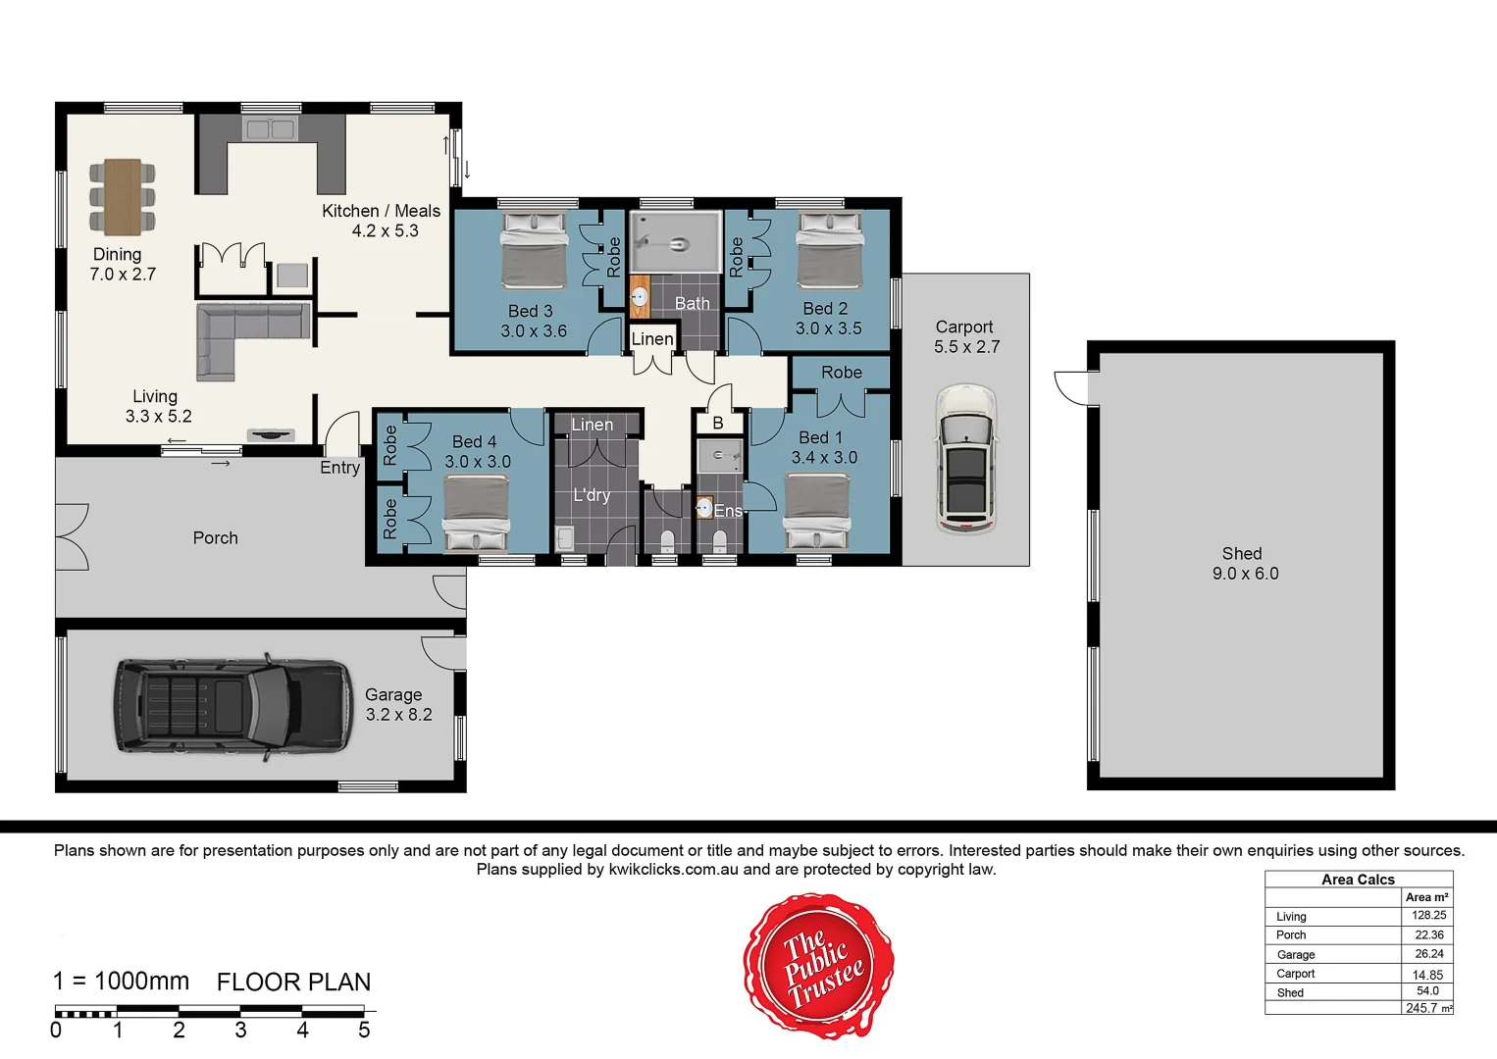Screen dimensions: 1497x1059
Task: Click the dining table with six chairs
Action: [123, 196]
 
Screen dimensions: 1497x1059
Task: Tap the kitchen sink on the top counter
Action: [270, 129]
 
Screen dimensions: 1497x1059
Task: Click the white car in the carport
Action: [966, 459]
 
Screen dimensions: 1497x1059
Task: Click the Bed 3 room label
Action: [532, 321]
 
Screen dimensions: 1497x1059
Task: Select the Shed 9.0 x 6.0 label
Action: [1244, 564]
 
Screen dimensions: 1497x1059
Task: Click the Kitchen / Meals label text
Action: [381, 211]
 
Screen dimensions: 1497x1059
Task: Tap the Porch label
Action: [215, 538]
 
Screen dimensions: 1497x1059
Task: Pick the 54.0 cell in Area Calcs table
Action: [1427, 991]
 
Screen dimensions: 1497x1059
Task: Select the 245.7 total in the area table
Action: [1422, 1008]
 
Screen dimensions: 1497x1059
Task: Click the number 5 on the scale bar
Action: [364, 1031]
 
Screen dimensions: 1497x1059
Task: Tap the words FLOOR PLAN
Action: [293, 983]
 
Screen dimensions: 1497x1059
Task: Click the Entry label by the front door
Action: [339, 468]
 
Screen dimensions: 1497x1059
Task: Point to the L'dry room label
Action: [592, 495]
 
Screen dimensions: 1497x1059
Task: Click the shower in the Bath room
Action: [675, 241]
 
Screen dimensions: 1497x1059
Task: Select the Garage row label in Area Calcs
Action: [1296, 954]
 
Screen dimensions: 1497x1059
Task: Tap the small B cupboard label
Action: [717, 424]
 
